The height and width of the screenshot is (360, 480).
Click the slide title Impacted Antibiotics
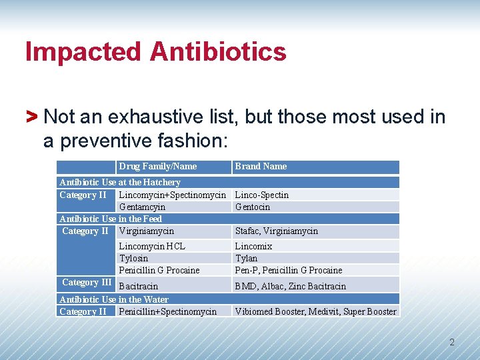point(156,52)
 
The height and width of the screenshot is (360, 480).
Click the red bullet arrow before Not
point(31,117)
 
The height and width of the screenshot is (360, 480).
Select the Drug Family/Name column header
point(158,166)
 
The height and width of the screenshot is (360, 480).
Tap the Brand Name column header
point(261,166)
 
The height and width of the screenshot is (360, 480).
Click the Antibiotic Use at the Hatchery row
point(120,182)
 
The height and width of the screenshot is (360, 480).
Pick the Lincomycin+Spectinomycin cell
point(172,195)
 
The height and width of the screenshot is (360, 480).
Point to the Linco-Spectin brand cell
point(262,195)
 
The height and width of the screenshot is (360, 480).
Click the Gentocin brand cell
point(253,207)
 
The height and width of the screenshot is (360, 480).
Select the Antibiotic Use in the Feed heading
point(111,219)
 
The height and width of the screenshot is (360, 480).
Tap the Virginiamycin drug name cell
point(146,231)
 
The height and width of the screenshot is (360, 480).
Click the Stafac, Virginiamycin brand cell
point(277,231)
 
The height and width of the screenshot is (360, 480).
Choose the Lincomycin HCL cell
point(152,246)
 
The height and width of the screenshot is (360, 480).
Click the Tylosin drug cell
point(133,258)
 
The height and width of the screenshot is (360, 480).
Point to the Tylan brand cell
point(246,258)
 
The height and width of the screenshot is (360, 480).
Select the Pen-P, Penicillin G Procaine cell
point(289,270)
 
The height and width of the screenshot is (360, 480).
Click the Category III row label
point(87,282)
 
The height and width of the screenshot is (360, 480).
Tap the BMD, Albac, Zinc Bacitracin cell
point(291,286)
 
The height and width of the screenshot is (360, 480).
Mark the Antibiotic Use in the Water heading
point(114,299)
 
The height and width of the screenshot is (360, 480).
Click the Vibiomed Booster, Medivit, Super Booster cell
point(315,311)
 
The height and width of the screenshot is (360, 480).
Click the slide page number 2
point(451,343)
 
